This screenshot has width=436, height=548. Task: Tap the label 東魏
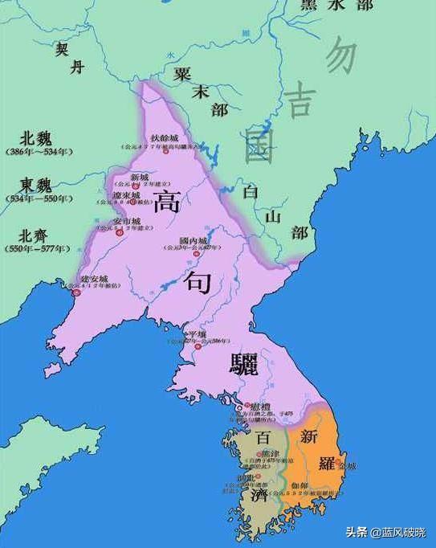tap(38, 186)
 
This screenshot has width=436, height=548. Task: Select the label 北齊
tap(38, 235)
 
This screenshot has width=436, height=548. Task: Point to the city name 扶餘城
tap(164, 139)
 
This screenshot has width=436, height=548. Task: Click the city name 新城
tap(140, 177)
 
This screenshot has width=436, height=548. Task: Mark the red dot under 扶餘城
tap(166, 152)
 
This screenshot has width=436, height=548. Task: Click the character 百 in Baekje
tap(263, 439)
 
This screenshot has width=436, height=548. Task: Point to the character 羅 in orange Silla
tap(324, 464)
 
